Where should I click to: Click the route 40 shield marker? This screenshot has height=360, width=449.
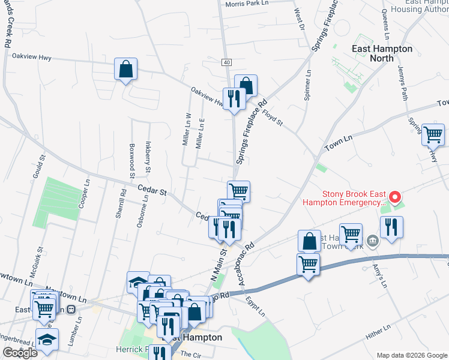point(226,62)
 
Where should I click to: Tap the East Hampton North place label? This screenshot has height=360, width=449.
point(382,53)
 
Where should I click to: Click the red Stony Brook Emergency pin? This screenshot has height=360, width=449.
point(394,197)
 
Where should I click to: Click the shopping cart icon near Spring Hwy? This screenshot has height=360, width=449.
point(433,135)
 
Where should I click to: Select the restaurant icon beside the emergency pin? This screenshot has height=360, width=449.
point(391,227)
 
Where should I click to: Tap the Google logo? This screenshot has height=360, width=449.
point(20,353)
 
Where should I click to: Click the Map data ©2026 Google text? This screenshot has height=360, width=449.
point(411,355)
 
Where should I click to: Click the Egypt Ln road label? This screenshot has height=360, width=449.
point(255,306)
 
